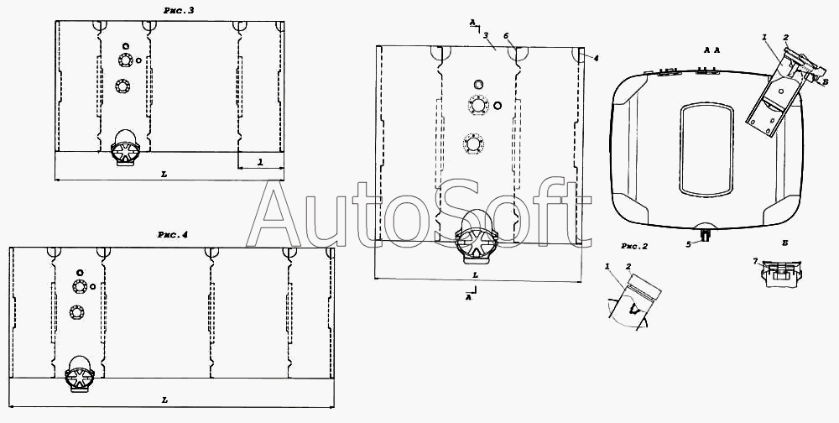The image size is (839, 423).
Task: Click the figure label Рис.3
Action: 179,11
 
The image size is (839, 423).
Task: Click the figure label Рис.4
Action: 172,234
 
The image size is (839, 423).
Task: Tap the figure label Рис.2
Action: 634,246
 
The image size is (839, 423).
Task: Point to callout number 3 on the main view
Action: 485,35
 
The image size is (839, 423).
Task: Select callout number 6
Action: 506,35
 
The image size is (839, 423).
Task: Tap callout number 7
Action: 755,261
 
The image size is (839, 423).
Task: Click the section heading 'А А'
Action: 711,50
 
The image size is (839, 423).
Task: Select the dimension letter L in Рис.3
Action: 164,174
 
